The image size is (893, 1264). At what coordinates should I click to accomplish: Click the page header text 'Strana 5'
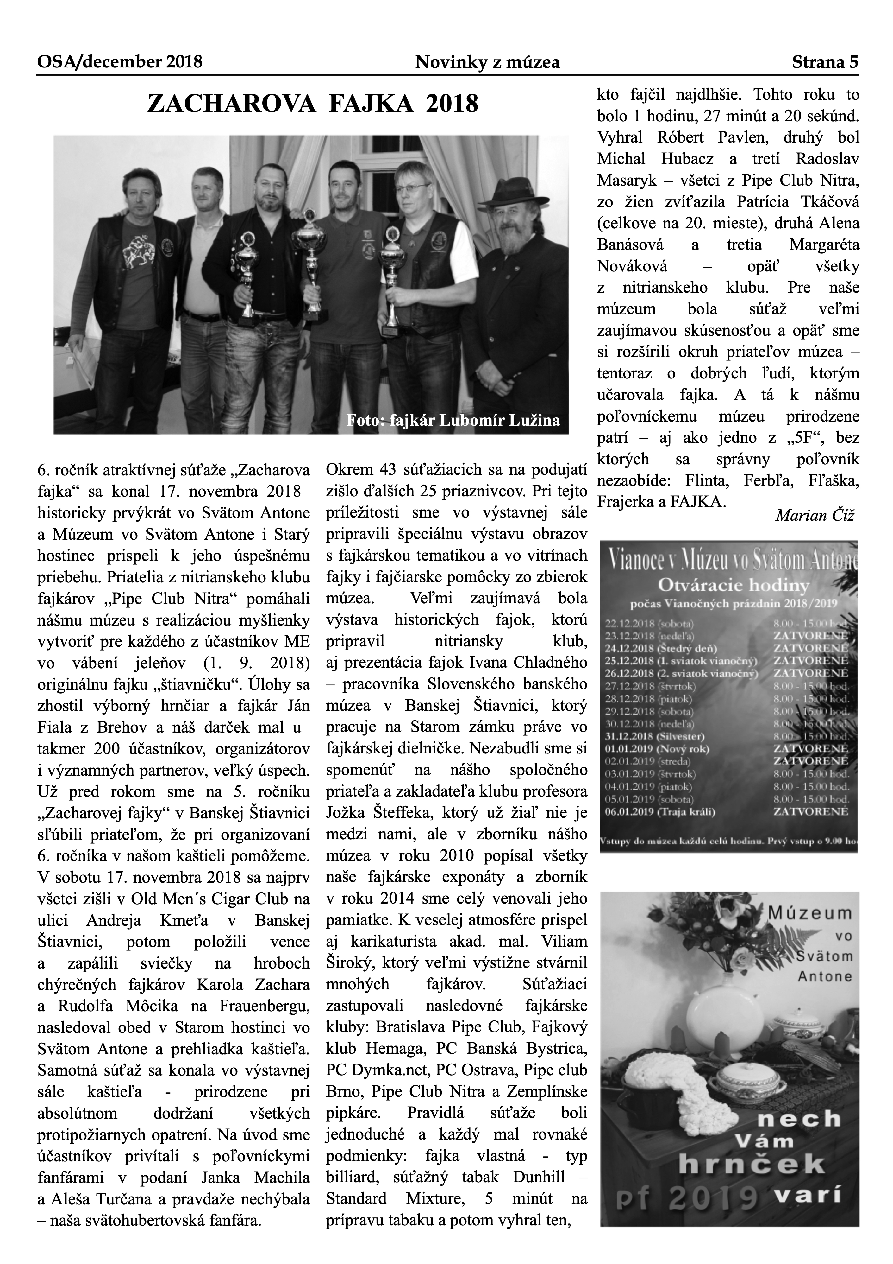pos(824,62)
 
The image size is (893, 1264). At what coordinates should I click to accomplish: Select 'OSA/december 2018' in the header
pos(119,62)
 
